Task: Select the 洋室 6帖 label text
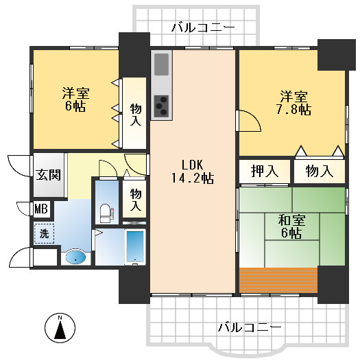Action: click(75, 100)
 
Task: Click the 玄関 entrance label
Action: click(49, 174)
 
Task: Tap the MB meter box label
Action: click(41, 208)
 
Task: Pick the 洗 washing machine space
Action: click(44, 233)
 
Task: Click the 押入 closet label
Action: click(264, 171)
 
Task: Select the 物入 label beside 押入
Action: click(319, 171)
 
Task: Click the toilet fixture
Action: click(105, 212)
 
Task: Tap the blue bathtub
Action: click(136, 246)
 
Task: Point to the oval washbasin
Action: click(75, 257)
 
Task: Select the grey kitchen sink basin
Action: click(162, 65)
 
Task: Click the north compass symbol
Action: click(60, 328)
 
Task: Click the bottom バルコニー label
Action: click(249, 327)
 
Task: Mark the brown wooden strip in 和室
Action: click(278, 279)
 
